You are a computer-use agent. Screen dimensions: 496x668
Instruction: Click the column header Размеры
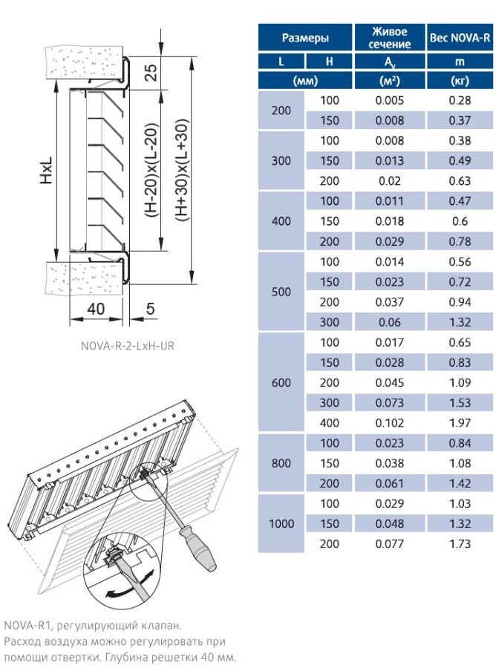point(305,38)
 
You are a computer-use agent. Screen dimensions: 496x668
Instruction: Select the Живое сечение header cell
point(390,38)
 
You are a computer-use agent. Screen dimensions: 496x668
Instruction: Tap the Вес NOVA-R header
point(460,38)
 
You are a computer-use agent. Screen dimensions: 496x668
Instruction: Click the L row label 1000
point(281,523)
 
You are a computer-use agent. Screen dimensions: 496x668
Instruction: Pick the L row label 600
point(281,382)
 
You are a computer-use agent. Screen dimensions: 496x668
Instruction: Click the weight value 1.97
point(460,423)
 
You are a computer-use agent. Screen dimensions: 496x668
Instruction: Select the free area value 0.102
point(390,423)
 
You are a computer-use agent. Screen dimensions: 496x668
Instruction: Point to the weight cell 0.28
point(460,100)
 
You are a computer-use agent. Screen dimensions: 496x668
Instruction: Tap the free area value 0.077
point(390,544)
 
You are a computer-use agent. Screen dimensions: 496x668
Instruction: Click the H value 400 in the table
point(330,423)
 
